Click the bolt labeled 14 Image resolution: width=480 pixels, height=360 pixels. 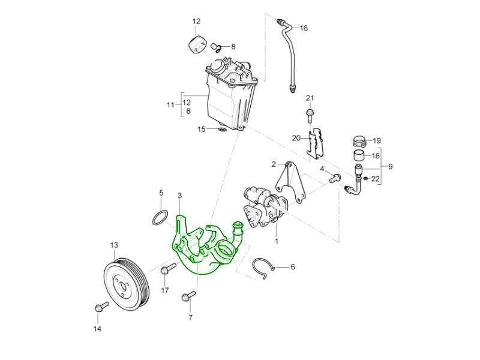click(x=99, y=308)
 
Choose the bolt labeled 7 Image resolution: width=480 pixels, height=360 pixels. click(x=186, y=296)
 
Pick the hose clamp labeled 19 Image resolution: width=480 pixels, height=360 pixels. click(x=359, y=142)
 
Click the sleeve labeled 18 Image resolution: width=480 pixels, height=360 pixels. click(x=359, y=157)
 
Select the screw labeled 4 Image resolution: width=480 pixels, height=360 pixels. click(x=335, y=177)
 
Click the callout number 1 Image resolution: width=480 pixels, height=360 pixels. click(x=277, y=241)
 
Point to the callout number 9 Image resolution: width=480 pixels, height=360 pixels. click(x=390, y=166)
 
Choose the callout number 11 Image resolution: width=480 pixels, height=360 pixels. click(x=170, y=105)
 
